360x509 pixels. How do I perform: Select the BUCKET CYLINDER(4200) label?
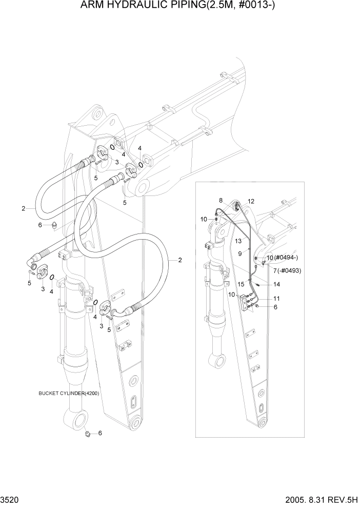coord(69,394)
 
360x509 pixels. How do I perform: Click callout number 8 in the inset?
coord(221,200)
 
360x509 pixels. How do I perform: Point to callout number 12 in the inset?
coord(251,201)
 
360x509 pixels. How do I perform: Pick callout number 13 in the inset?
coord(238,240)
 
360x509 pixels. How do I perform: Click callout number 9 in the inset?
coord(240,253)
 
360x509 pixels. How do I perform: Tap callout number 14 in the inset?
coord(276,284)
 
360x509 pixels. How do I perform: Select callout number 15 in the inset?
coord(240,284)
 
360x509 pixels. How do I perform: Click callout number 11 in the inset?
coord(276,298)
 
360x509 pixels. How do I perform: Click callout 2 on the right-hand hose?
coord(180,260)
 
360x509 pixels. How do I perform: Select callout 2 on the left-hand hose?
coord(23,208)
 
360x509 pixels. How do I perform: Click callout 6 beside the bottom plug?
coord(100,433)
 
